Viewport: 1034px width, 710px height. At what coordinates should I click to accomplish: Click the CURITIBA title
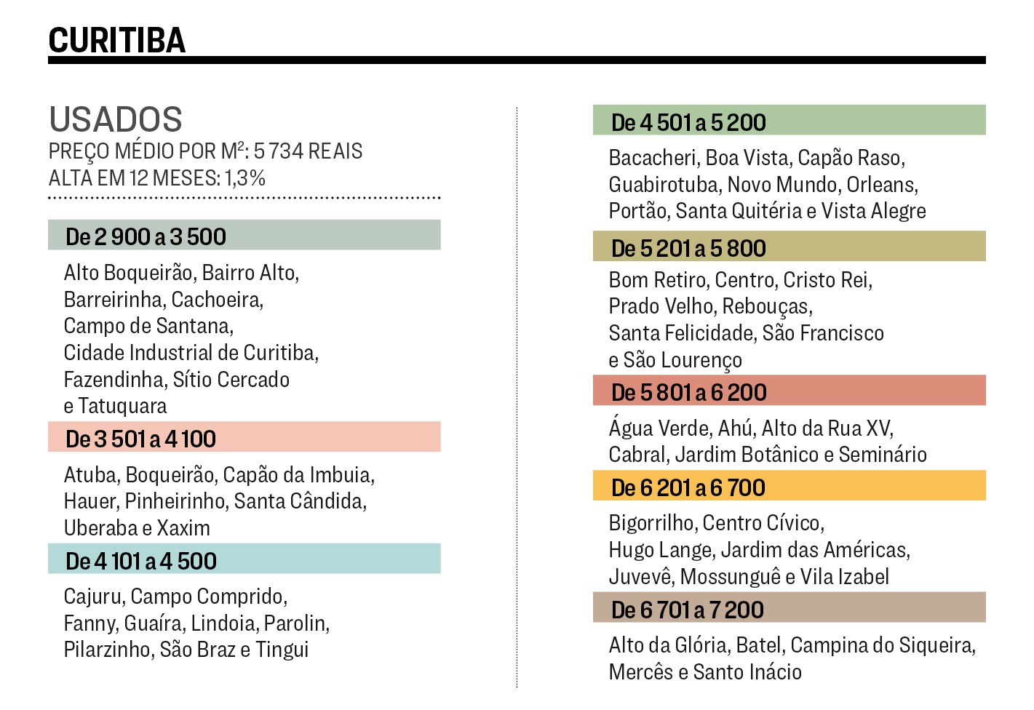(x=116, y=40)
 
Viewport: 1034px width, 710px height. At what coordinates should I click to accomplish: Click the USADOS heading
(x=116, y=119)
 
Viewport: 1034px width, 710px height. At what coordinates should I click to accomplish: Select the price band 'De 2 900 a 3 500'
(x=146, y=236)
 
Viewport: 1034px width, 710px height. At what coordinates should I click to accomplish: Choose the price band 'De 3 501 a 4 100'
(x=140, y=439)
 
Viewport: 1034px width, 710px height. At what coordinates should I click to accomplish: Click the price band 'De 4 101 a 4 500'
(x=141, y=561)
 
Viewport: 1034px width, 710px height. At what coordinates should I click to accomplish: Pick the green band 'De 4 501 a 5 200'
(x=688, y=122)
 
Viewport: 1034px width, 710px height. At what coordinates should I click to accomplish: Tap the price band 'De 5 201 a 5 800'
(x=688, y=248)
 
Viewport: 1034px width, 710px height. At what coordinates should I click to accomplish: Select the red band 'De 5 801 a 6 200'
(x=688, y=392)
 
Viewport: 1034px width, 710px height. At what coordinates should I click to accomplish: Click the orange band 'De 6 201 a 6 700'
(x=688, y=487)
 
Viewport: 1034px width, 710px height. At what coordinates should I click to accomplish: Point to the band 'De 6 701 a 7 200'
(x=687, y=610)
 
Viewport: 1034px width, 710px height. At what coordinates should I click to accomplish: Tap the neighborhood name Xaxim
(x=183, y=528)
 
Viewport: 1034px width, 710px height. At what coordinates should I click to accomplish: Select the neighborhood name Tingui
(x=282, y=650)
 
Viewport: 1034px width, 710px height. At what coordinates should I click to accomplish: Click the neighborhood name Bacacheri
(x=653, y=158)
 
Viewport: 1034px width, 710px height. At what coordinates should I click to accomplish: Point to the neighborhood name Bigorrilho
(x=652, y=523)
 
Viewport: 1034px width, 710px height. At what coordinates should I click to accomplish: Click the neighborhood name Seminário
(x=883, y=455)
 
